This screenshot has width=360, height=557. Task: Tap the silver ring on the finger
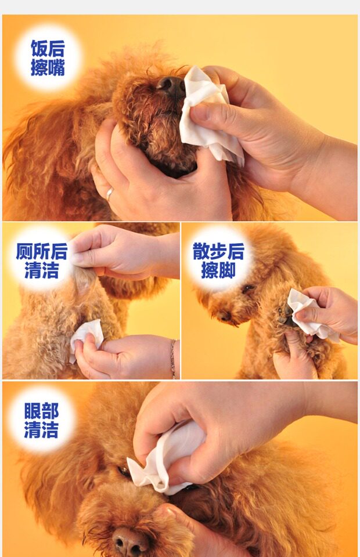110,194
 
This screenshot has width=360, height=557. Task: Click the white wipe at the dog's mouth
210,114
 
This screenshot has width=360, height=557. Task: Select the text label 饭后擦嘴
48,58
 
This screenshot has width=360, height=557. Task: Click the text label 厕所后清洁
41,261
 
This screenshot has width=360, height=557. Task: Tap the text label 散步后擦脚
218,261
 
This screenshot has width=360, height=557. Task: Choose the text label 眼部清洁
41,421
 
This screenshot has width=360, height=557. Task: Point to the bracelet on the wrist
173,358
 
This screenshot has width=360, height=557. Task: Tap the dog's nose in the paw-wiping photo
224,315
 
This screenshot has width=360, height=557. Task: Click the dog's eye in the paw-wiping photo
248,288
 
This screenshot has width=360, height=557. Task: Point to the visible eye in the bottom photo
123,471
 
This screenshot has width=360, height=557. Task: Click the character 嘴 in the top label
57,67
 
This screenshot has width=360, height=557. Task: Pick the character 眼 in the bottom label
33,411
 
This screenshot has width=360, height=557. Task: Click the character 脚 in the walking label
227,270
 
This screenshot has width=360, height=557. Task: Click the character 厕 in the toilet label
24,251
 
